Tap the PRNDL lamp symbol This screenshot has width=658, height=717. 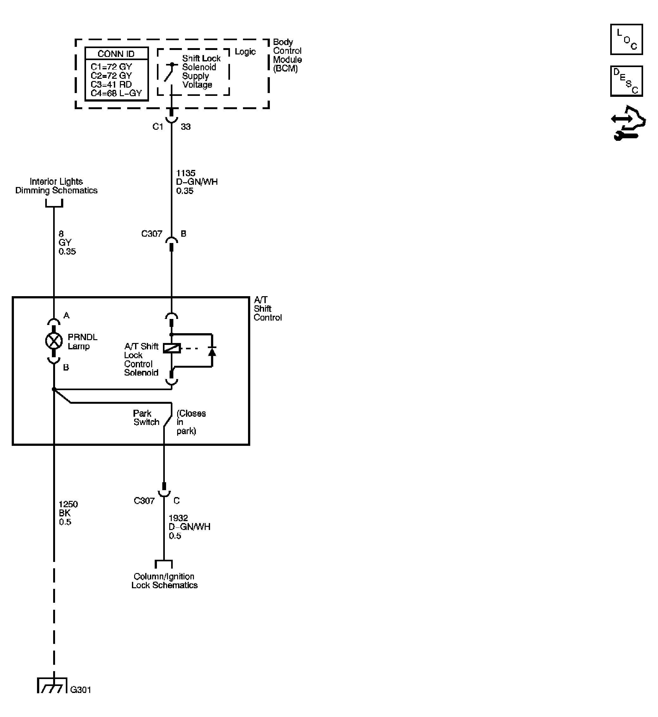coord(54,341)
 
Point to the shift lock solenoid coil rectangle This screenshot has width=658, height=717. coord(172,348)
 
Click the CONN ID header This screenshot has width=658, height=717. coord(116,54)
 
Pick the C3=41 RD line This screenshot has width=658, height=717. coord(111,84)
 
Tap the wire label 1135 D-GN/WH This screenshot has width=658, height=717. coord(196,182)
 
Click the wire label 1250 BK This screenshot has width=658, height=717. coord(68,513)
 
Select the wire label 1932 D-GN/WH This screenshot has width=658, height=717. coord(189,527)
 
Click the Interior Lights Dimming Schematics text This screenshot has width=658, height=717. coord(56,186)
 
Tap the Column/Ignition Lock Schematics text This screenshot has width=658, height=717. coord(164,581)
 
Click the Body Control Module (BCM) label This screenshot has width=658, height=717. coord(287,55)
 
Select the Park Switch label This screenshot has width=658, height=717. coord(146,418)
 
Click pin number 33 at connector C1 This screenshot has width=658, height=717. coord(185,127)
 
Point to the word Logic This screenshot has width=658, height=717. coord(245,52)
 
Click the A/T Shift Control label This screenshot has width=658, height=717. coord(267,309)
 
